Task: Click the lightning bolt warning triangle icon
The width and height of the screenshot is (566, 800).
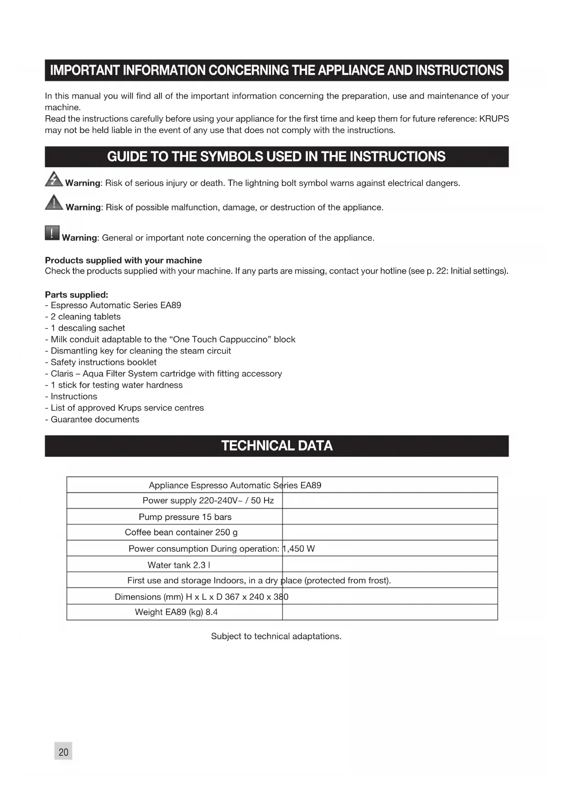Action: [54, 179]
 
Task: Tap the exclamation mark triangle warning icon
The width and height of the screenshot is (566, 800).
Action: [54, 203]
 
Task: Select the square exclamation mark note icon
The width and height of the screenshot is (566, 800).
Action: [52, 233]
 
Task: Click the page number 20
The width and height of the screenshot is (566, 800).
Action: [63, 752]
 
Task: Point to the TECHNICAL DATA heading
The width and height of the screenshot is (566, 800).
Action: [277, 446]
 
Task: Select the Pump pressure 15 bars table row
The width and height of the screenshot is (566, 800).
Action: [185, 517]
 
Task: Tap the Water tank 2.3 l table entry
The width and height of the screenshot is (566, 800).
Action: [179, 565]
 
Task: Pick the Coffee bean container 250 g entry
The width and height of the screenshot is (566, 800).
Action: [181, 532]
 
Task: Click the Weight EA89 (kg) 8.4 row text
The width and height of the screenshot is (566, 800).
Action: [176, 612]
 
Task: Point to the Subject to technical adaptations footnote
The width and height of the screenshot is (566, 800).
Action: [276, 636]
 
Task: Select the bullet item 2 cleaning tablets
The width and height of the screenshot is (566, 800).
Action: [85, 317]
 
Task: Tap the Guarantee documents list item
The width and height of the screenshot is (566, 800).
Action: [95, 419]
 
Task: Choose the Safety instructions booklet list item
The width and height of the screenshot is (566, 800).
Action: [104, 362]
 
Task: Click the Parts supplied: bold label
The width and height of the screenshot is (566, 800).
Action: [77, 295]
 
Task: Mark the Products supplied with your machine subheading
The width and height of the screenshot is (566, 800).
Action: [123, 260]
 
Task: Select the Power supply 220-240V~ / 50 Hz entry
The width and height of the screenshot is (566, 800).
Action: [208, 501]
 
